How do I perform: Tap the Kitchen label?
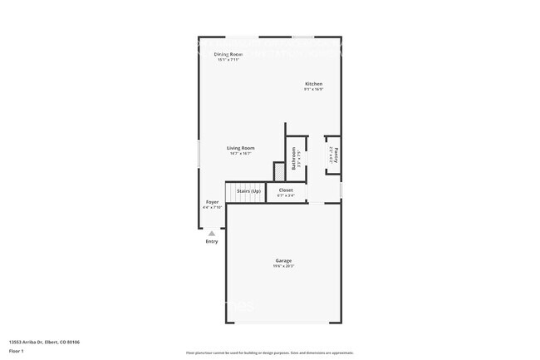(313, 84)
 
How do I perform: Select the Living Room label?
(241, 148)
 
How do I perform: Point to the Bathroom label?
(293, 156)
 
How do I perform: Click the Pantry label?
(337, 155)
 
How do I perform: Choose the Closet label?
(286, 190)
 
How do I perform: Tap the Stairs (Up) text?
(248, 191)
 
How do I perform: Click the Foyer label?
(213, 201)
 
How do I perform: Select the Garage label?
(283, 260)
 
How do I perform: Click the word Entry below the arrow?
(212, 242)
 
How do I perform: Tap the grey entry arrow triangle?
(212, 234)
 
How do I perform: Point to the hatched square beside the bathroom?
(279, 170)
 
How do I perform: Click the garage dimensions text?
(283, 266)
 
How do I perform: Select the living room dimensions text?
(241, 154)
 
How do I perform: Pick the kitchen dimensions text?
(313, 89)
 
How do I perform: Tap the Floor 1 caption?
(17, 350)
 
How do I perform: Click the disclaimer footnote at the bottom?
(270, 353)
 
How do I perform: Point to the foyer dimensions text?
(213, 207)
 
